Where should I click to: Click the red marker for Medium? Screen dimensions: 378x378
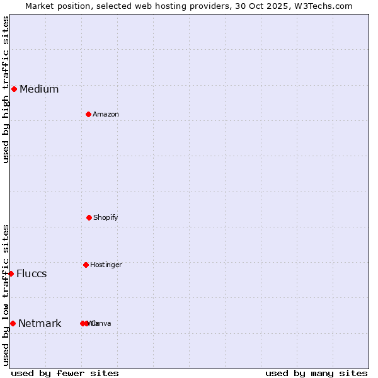[x=14, y=89]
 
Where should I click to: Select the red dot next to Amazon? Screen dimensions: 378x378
[x=88, y=114]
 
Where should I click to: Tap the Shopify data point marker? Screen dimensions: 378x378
[x=89, y=217]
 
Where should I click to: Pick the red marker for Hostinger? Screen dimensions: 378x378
[x=86, y=265]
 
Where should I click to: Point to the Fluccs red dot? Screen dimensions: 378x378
[x=11, y=273]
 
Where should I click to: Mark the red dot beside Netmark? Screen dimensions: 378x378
[x=13, y=323]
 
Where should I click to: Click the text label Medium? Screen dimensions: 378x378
[x=39, y=89]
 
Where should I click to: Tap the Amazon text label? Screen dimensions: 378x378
[x=106, y=114]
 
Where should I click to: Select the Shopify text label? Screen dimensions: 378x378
[x=106, y=217]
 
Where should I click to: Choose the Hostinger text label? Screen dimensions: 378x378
[x=106, y=265]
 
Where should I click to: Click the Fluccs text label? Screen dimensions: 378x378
[x=31, y=273]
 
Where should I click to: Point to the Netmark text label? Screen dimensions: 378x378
[x=40, y=323]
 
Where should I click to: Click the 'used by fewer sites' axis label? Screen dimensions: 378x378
[x=65, y=373]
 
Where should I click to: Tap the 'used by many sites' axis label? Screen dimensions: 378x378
[x=316, y=373]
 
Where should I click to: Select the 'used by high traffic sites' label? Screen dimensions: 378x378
[x=6, y=89]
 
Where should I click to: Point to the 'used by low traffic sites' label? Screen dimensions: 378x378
[x=6, y=295]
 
